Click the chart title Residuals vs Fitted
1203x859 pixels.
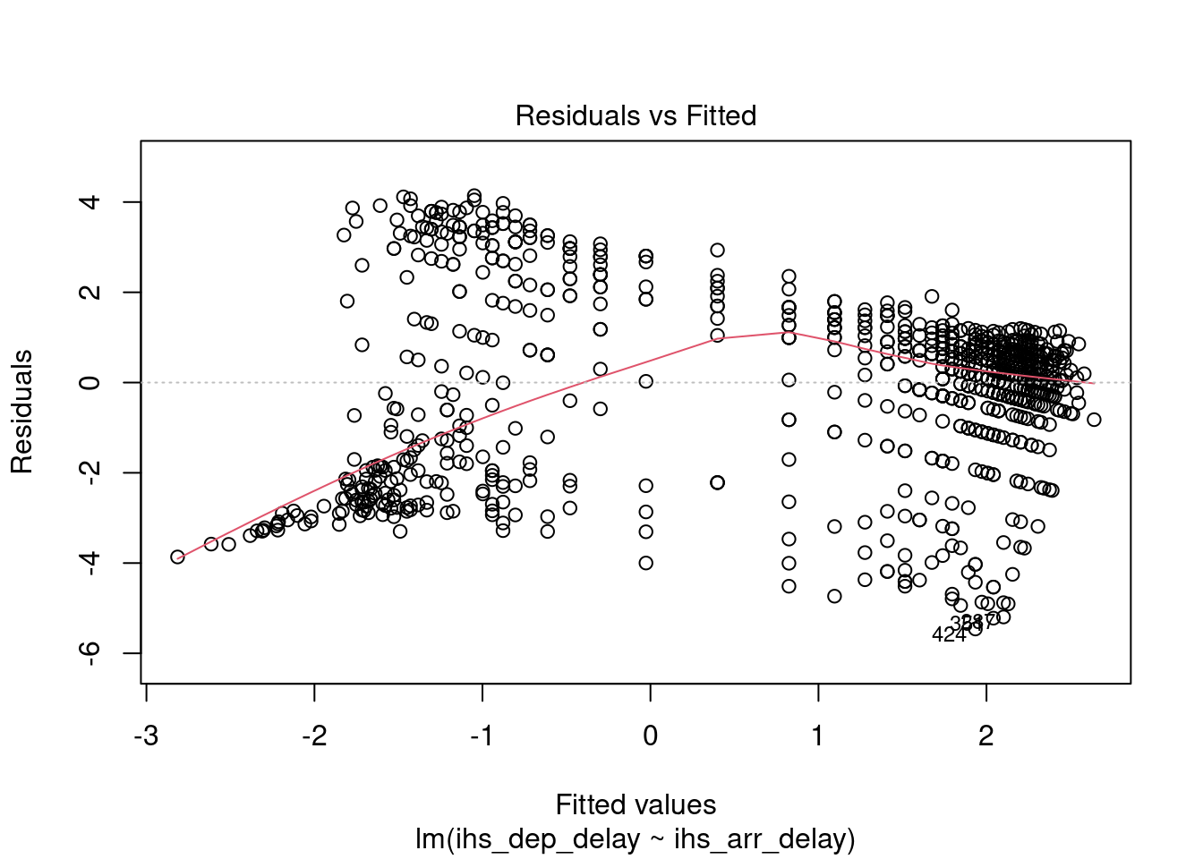(636, 115)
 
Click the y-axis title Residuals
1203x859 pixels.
(21, 411)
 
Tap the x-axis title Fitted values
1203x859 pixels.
(636, 804)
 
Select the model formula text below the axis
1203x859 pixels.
(636, 839)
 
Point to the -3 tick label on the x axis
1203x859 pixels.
(146, 736)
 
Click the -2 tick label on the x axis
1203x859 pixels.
(314, 736)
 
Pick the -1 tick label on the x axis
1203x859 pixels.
(482, 736)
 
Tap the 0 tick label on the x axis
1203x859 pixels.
(651, 736)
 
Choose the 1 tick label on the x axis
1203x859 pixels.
(818, 736)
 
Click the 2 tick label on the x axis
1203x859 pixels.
(986, 736)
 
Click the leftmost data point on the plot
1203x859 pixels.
(177, 557)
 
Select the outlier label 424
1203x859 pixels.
(949, 635)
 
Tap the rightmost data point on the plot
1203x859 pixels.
(1094, 420)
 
